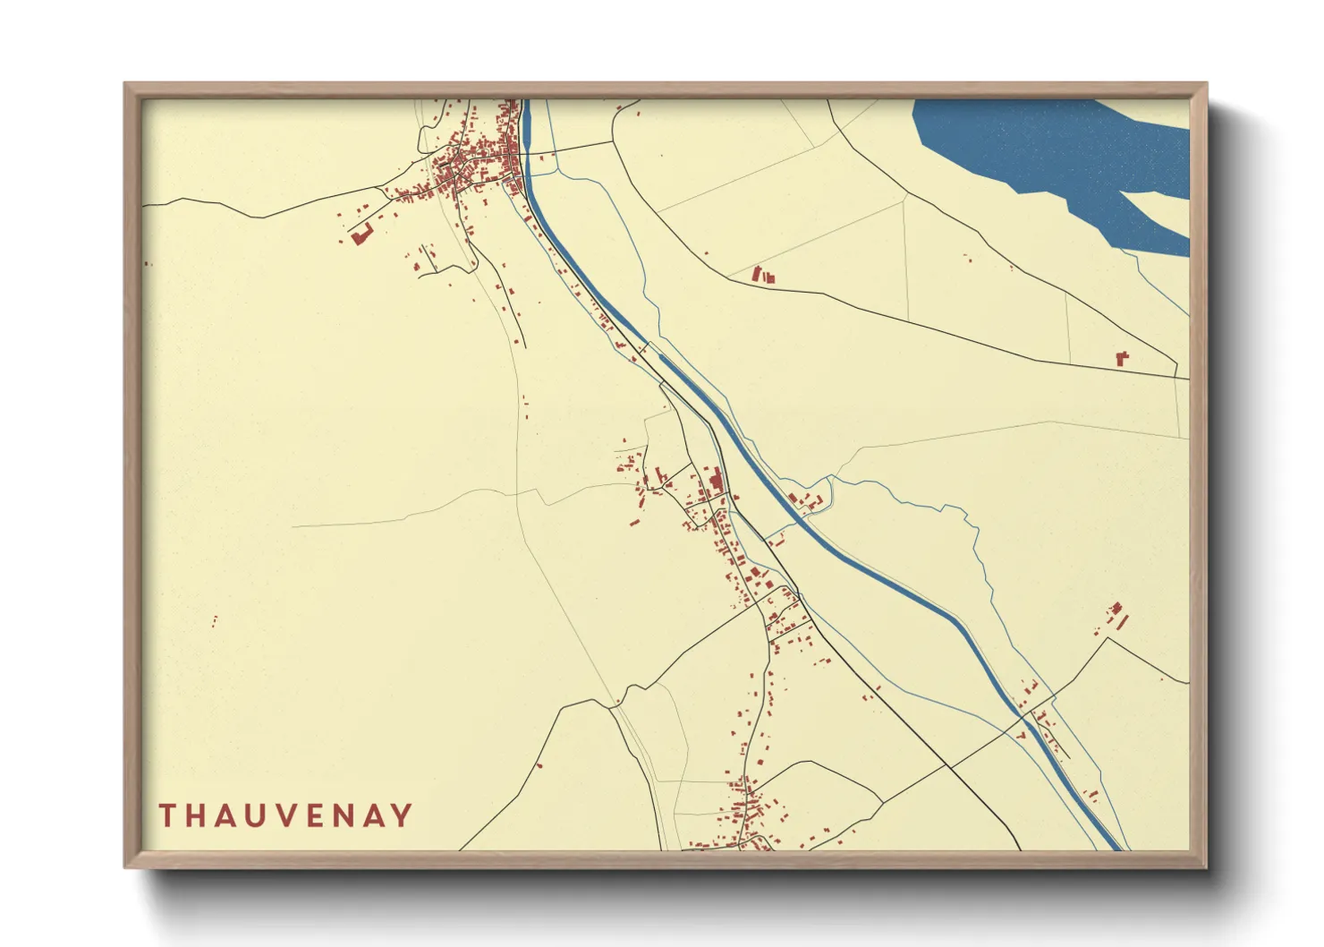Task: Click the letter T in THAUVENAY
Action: tap(167, 815)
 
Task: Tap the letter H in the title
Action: tap(199, 815)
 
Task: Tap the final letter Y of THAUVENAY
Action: tap(404, 815)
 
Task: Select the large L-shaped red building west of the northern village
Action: tap(361, 235)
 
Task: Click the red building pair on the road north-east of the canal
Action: tap(761, 276)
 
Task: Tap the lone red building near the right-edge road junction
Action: tap(1122, 358)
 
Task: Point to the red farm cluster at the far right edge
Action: tap(1116, 616)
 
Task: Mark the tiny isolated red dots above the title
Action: tap(215, 619)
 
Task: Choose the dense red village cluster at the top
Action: tap(474, 161)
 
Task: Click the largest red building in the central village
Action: tap(715, 483)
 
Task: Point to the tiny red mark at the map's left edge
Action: tap(148, 263)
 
